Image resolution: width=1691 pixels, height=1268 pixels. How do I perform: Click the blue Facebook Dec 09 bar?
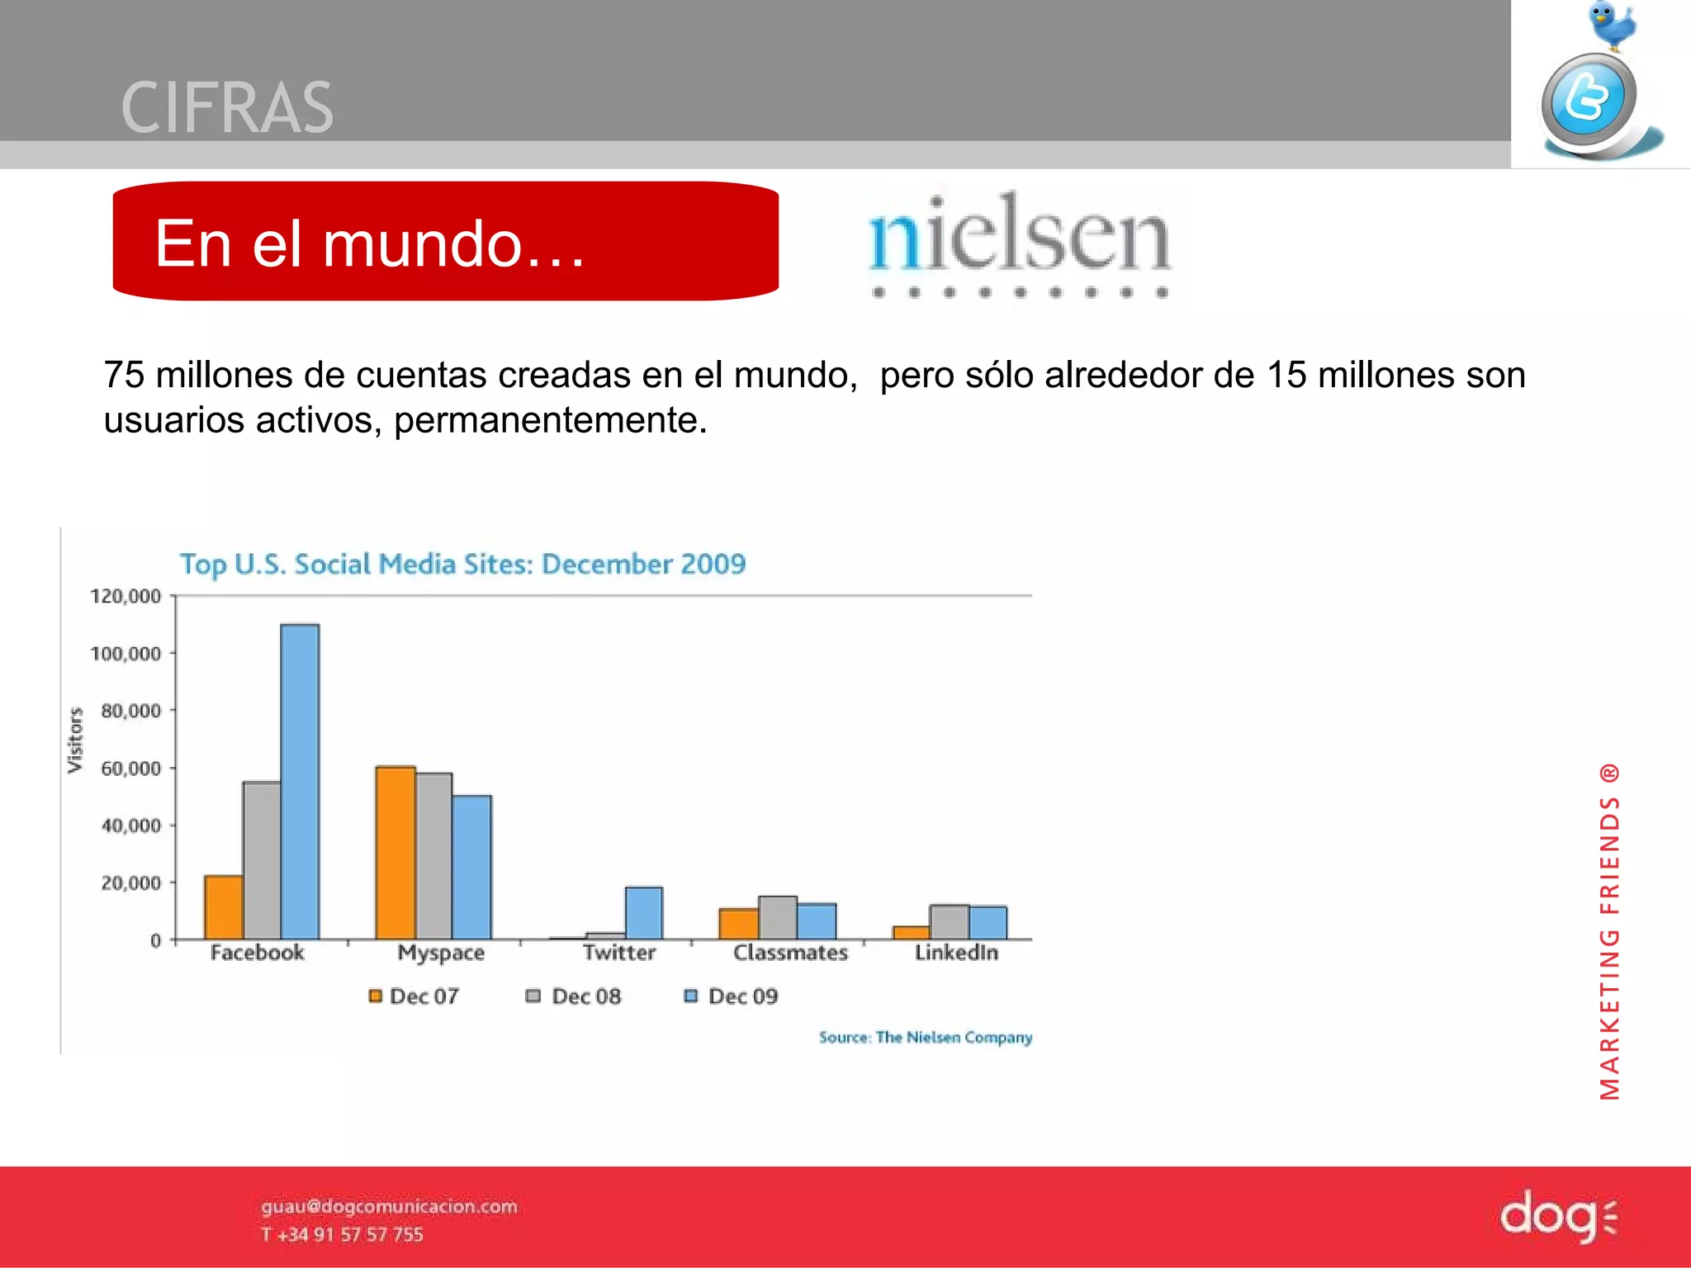300,781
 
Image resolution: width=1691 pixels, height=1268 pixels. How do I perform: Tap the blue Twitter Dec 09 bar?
644,913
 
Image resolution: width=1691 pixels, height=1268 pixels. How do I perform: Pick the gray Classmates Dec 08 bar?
778,917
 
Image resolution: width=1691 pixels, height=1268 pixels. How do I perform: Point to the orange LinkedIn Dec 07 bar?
911,933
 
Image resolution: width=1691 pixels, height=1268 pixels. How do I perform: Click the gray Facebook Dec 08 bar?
262,860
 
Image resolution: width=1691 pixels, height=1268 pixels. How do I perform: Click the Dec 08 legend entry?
575,996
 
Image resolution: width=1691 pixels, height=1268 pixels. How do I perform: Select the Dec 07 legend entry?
414,996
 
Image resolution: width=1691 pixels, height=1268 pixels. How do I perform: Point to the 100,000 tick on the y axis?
126,654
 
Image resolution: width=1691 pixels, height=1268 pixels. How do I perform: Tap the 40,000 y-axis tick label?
130,826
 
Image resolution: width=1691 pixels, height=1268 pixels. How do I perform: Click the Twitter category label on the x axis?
618,953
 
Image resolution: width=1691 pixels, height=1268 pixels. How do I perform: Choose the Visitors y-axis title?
75,740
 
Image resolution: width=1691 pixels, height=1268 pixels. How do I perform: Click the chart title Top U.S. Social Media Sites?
462,565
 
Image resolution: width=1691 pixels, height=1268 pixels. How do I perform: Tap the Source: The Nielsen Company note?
925,1038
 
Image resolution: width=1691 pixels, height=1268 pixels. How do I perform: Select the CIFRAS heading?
227,108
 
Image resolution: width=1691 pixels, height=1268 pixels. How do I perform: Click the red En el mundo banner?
446,241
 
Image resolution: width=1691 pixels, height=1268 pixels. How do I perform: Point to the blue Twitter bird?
1610,25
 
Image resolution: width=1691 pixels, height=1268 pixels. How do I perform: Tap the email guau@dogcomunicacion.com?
389,1206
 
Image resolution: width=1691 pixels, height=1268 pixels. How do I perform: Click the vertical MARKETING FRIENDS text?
1609,933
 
